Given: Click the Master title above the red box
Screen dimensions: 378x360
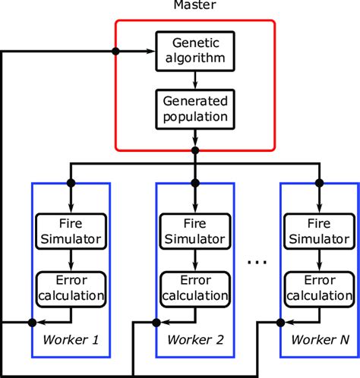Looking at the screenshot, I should (x=195, y=7).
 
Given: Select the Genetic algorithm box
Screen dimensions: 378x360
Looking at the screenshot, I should (x=195, y=50).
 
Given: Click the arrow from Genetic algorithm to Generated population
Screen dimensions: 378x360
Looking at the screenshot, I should (x=195, y=79).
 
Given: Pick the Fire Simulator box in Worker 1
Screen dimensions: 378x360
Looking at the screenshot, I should (x=71, y=232).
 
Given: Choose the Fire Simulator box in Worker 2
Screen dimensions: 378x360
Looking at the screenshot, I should (x=195, y=232).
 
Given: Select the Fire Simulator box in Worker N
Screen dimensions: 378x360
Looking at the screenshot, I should (x=319, y=232).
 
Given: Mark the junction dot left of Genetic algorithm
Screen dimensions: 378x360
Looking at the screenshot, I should (x=116, y=51).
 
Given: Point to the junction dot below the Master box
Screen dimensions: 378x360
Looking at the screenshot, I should (x=195, y=150).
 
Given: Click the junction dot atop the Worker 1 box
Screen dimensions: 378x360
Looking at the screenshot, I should (x=71, y=183).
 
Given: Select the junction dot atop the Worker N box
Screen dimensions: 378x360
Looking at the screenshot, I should (x=319, y=183).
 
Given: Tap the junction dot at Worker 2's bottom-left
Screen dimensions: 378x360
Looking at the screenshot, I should (x=156, y=322).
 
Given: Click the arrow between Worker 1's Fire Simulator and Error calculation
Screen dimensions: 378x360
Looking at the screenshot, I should (x=71, y=260).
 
